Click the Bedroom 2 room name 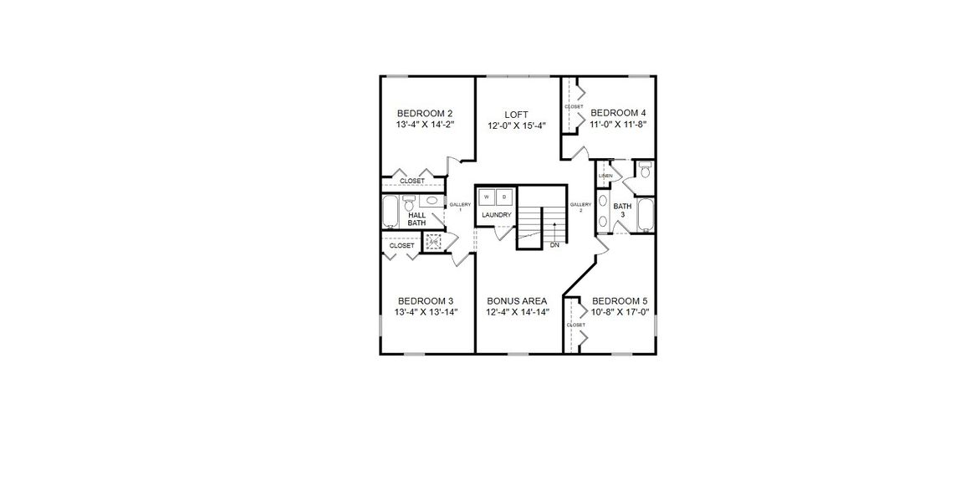click(x=425, y=114)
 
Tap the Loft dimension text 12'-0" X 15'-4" click(x=516, y=126)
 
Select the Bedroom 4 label click(x=618, y=113)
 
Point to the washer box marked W click(x=487, y=197)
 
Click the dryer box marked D click(x=504, y=197)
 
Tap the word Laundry click(x=496, y=215)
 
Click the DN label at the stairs click(x=554, y=245)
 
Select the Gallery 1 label click(x=461, y=207)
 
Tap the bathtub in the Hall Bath click(x=391, y=212)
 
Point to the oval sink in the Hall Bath click(x=432, y=201)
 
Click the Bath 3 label click(x=623, y=210)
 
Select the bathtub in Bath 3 click(x=645, y=214)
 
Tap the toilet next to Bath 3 click(x=644, y=170)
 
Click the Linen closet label click(x=605, y=176)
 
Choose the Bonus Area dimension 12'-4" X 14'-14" click(x=517, y=312)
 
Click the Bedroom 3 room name click(x=425, y=301)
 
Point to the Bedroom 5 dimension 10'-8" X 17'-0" click(x=620, y=312)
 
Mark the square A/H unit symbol click(x=433, y=243)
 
